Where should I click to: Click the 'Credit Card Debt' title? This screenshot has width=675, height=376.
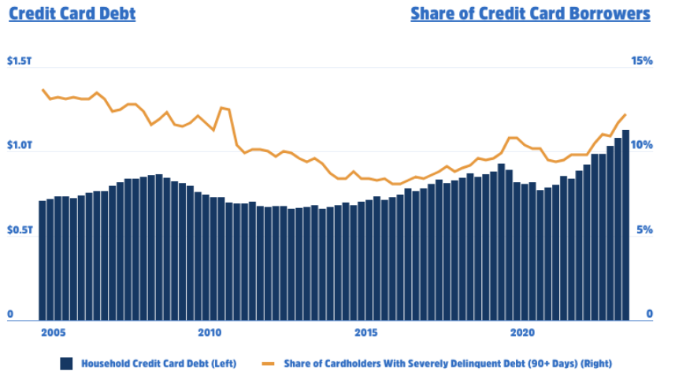[72, 13]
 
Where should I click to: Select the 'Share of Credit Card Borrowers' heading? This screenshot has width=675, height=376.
[530, 13]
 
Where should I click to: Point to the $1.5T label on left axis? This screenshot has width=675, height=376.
[21, 61]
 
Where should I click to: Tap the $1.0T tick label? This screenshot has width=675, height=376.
[21, 146]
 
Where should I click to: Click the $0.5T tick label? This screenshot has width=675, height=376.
[21, 230]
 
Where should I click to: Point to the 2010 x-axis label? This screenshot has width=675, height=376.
[209, 332]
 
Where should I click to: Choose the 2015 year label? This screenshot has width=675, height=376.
[365, 332]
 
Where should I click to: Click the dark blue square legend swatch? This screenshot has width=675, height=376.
[67, 363]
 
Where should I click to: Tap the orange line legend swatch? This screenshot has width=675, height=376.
[269, 363]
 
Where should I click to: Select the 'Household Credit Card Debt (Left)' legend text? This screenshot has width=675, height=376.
[159, 363]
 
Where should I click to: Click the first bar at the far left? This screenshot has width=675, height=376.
[43, 260]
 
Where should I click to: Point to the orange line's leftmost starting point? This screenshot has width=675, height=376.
[43, 90]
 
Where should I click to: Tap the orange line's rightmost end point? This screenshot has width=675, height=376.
[625, 115]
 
